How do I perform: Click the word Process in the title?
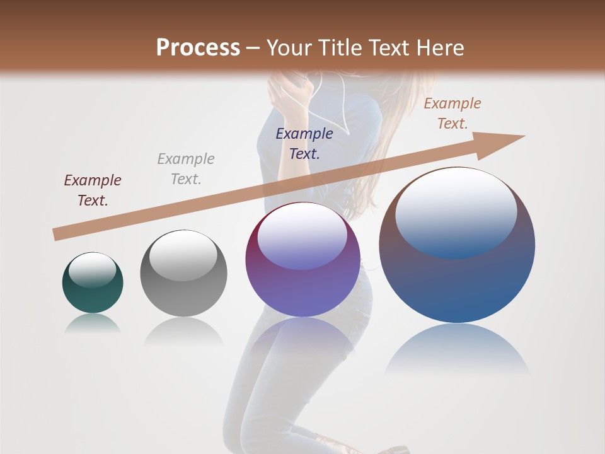198,47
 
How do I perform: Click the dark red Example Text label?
93,190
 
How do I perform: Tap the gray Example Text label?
186,169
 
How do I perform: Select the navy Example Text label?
304,143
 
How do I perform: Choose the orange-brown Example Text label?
452,113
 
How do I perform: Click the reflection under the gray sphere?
183,331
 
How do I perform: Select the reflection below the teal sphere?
93,323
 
